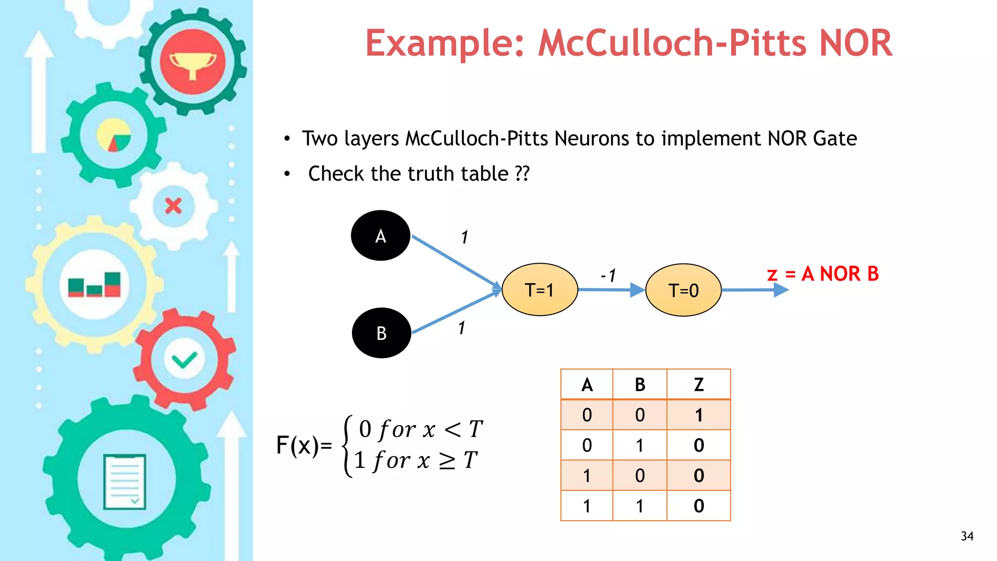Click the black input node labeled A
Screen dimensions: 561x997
(x=380, y=236)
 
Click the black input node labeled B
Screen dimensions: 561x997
(x=381, y=333)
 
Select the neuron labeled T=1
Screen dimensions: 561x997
(x=539, y=290)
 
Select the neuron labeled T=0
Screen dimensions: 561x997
(x=683, y=290)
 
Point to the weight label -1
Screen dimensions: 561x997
(x=609, y=276)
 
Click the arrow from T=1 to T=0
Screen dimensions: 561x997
(x=611, y=290)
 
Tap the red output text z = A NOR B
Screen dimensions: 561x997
(x=823, y=274)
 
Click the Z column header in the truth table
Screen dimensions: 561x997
(x=699, y=385)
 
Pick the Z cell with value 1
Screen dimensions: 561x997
(x=699, y=415)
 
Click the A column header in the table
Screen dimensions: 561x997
(x=587, y=385)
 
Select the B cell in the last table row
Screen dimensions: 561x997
(x=640, y=506)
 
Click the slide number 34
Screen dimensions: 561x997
(x=967, y=536)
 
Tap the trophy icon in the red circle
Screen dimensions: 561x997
(x=193, y=62)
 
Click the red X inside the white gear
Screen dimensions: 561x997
(x=173, y=206)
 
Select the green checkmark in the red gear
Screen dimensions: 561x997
(x=185, y=360)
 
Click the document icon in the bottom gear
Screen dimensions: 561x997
(x=125, y=482)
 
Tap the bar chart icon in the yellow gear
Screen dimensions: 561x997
(x=94, y=285)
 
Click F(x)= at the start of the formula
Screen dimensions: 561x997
(x=304, y=445)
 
